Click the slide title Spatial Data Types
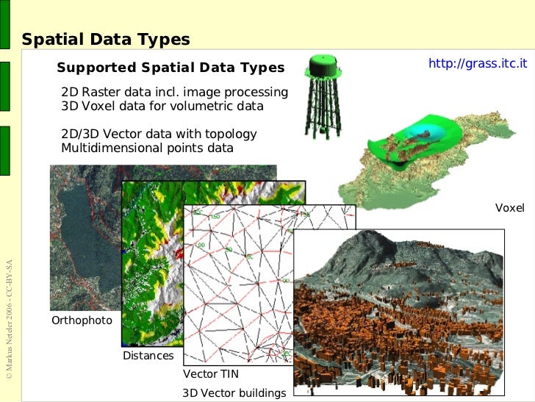pos(106,40)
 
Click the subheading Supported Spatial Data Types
pos(170,68)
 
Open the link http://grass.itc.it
pos(478,63)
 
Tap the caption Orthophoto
pos(82,320)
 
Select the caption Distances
pos(148,356)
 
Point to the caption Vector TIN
pos(210,374)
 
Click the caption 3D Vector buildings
pos(234,393)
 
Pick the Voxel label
pos(509,208)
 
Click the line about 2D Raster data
pos(174,93)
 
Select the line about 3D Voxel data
pos(162,107)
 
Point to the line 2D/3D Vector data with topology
pos(159,134)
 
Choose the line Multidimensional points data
pos(147,148)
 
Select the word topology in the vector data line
pos(231,134)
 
